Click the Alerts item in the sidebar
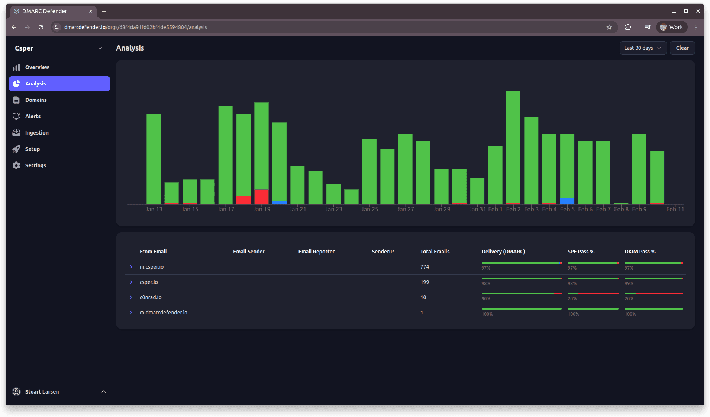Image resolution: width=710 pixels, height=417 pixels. coord(33,116)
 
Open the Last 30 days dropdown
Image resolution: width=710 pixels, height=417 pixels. coord(642,48)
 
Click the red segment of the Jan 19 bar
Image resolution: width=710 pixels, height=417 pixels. coord(261,196)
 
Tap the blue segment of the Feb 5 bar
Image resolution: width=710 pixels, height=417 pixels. coord(567,201)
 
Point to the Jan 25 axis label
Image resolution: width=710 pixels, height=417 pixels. coord(369,209)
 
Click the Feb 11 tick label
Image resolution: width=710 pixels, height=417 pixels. coord(675,209)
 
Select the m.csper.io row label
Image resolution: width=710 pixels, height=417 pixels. coord(152,267)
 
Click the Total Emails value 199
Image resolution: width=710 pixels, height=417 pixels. coord(425,282)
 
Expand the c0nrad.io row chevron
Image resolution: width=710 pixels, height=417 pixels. coord(131,297)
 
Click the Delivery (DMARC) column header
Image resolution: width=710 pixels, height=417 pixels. coord(503,252)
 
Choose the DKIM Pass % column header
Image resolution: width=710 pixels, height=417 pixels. coord(640,252)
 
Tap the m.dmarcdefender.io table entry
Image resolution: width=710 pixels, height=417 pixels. coord(164,313)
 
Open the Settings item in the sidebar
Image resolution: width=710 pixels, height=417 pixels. coord(35,165)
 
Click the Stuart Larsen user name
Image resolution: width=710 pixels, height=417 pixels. coord(42,392)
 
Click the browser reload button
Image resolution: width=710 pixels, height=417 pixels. coord(41,27)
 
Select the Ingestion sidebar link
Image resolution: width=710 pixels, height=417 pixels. coord(37,133)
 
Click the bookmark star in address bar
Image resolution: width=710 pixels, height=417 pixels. coord(609,27)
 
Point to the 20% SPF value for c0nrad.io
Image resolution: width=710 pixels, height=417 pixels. coord(572,299)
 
